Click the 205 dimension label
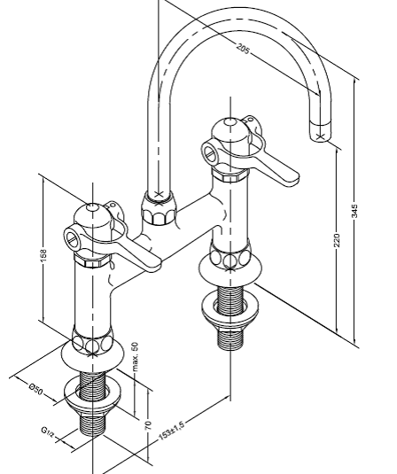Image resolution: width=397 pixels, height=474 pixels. [243, 49]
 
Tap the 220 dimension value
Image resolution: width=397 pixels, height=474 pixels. [337, 240]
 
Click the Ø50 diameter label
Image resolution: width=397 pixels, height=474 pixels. [35, 388]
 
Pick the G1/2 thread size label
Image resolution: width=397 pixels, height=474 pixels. [48, 431]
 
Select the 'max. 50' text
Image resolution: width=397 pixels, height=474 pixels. [135, 356]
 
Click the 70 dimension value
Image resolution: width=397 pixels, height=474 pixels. [148, 425]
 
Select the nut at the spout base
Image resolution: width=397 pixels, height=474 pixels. [158, 208]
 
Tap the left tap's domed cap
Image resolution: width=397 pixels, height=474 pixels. [92, 216]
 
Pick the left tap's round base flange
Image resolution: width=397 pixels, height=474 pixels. [92, 359]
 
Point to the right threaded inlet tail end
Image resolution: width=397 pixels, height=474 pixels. [230, 340]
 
